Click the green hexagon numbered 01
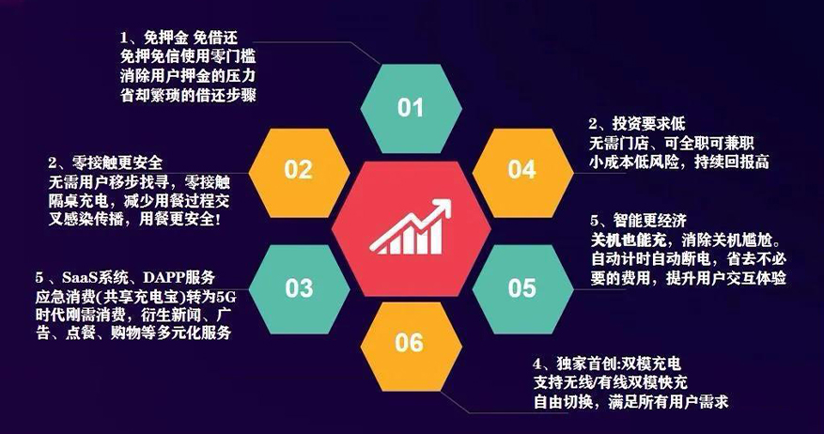(x=411, y=108)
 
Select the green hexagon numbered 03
(x=299, y=289)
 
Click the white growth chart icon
(x=411, y=227)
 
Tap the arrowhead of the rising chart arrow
(x=443, y=207)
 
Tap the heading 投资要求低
(x=648, y=124)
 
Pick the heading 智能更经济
(x=649, y=221)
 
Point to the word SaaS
(x=77, y=277)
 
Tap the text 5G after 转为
(x=226, y=298)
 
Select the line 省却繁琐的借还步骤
(x=188, y=95)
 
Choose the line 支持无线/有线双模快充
(x=611, y=382)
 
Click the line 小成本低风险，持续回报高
(x=679, y=162)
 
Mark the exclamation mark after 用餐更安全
(x=218, y=219)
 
